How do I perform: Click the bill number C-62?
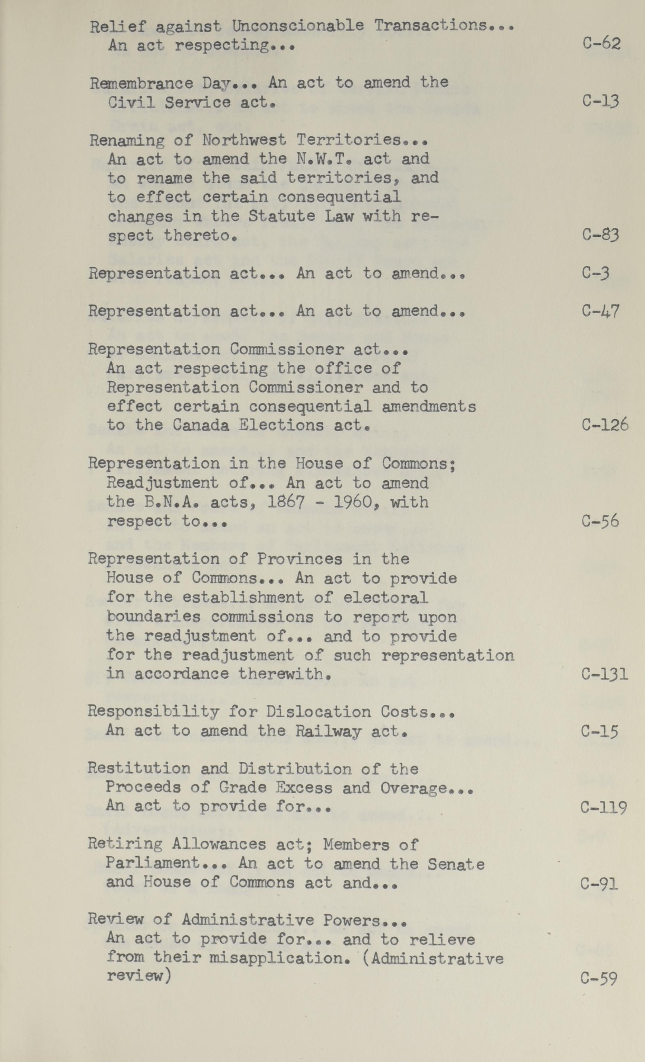coord(601,44)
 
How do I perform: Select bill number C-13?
coord(601,101)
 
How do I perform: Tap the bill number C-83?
coord(601,234)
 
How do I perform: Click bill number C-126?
coord(604,425)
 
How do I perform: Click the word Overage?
coord(414,788)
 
